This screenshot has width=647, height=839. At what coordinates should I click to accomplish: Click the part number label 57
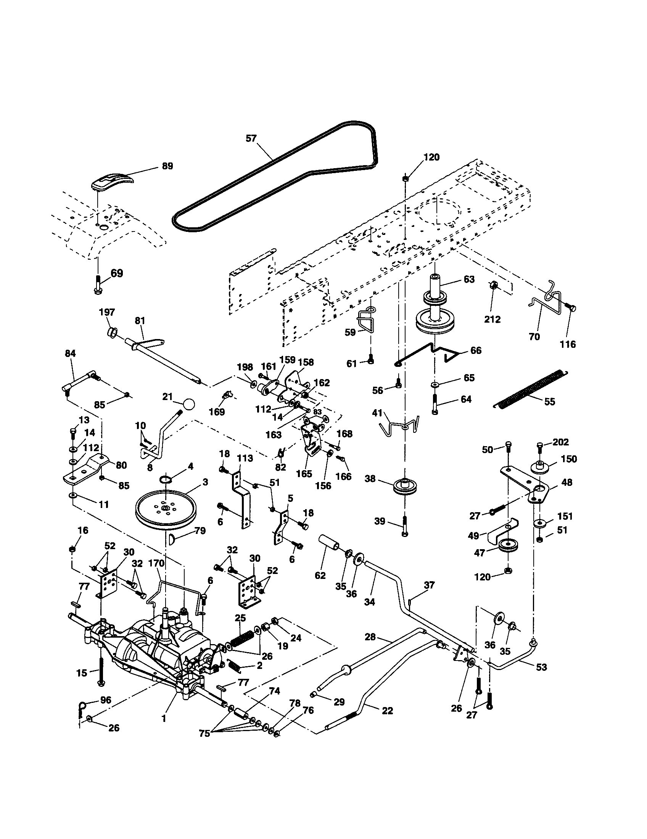[x=251, y=138]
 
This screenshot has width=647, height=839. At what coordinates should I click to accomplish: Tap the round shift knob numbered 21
[x=188, y=405]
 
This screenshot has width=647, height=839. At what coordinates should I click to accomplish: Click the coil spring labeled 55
[x=530, y=388]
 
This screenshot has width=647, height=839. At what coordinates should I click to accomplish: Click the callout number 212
[x=492, y=319]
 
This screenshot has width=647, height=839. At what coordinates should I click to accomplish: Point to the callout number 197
[x=107, y=312]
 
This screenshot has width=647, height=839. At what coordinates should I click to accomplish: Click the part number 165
[x=304, y=474]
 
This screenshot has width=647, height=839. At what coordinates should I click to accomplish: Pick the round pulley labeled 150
[x=540, y=468]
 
